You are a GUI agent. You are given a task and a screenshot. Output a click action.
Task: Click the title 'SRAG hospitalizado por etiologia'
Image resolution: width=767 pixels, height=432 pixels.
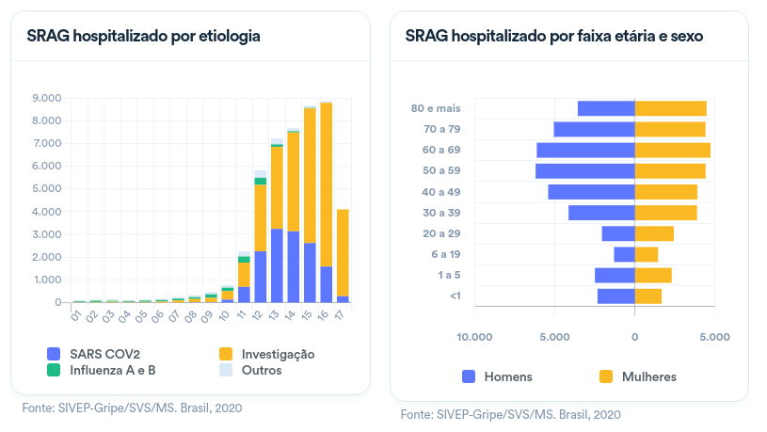point(144,37)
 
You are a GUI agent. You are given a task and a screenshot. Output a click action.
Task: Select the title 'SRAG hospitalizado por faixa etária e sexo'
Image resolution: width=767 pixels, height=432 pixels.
point(554,37)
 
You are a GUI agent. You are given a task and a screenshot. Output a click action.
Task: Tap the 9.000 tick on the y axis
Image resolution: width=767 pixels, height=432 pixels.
point(46,98)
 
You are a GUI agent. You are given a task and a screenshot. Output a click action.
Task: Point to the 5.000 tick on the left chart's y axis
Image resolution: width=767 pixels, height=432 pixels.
point(46,189)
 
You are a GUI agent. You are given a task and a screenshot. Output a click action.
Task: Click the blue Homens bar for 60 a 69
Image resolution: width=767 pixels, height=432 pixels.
point(585,151)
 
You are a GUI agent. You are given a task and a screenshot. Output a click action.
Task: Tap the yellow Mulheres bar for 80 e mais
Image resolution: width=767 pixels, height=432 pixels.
point(670,108)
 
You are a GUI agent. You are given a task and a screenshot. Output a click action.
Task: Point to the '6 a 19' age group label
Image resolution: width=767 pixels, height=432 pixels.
point(444,254)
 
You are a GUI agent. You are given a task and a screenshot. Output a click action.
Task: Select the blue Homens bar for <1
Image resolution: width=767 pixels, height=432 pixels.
point(615,296)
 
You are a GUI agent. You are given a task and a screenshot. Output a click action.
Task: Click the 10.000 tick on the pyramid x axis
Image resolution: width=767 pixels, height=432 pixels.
point(474,336)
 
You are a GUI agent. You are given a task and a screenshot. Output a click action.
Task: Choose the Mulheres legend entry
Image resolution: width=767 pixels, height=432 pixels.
point(639,376)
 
